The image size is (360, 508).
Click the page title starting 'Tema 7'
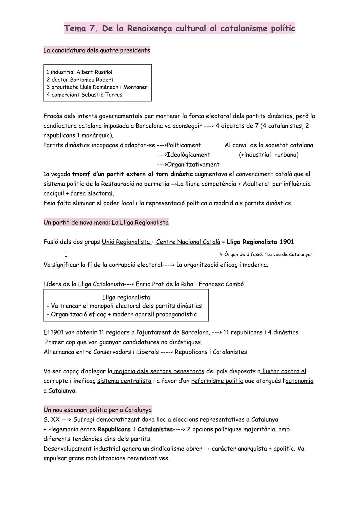(180, 28)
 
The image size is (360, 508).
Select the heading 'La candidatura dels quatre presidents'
(97, 50)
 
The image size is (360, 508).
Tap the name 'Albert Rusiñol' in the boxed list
(94, 72)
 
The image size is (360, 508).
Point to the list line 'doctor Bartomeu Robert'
(80, 80)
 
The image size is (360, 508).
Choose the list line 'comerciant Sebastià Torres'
(84, 95)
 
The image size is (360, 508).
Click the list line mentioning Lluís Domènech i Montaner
(97, 87)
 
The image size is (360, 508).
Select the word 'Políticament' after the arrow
(184, 145)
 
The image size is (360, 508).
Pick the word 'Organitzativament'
(193, 164)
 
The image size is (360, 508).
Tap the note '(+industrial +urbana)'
(269, 155)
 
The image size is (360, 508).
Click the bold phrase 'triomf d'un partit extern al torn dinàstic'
(132, 174)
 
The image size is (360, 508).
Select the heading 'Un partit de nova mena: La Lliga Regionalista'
(106, 222)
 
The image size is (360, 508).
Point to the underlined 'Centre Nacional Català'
(188, 242)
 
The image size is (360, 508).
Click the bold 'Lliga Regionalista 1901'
(260, 242)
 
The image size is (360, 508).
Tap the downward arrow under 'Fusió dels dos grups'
(66, 254)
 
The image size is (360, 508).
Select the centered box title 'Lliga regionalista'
(126, 297)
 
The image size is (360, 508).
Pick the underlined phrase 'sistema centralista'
(124, 381)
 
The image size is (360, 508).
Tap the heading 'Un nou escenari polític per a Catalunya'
(97, 410)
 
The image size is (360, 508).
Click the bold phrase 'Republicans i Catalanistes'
(135, 429)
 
